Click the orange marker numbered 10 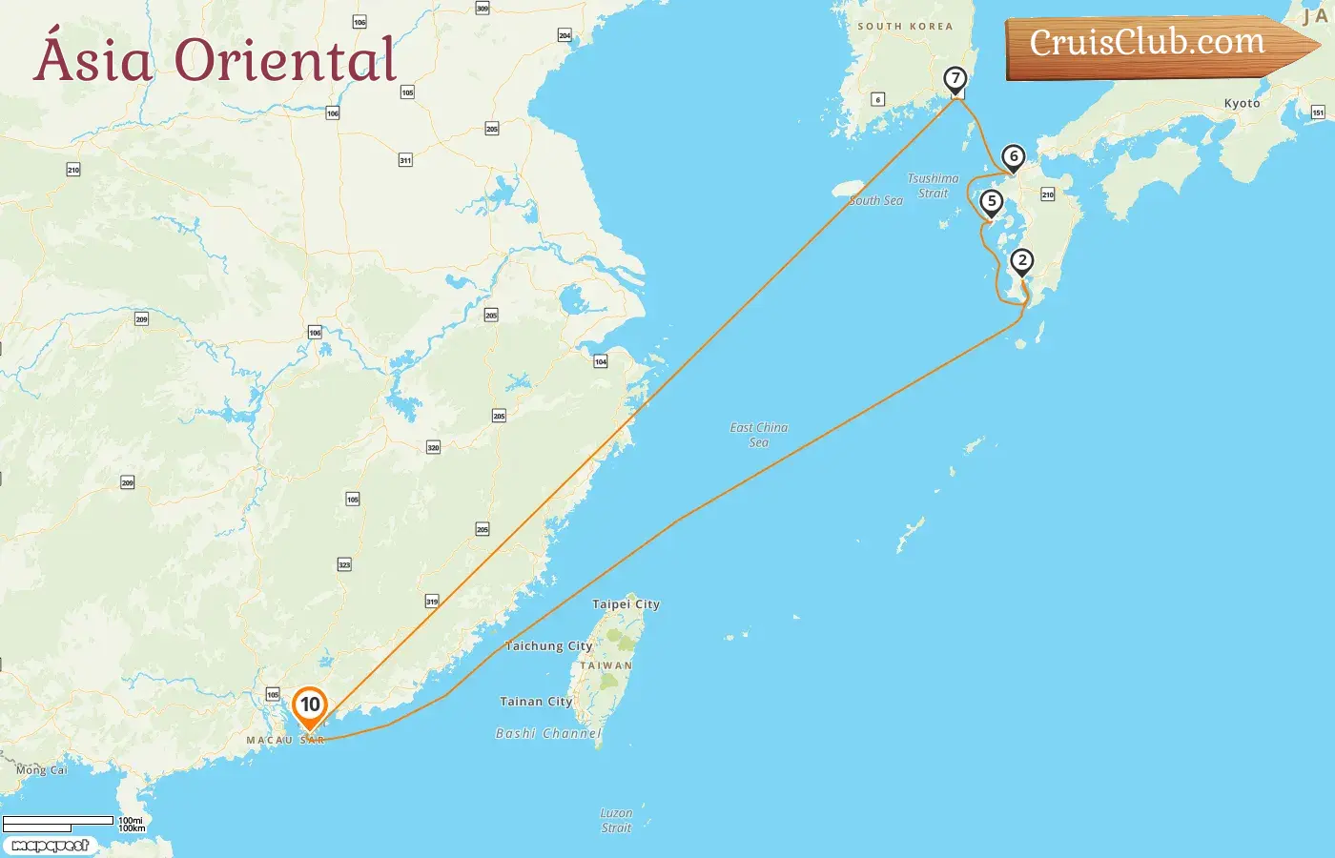click(310, 706)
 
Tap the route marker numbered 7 click(955, 80)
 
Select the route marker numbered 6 click(1014, 157)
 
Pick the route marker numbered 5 click(992, 202)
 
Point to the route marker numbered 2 click(1022, 261)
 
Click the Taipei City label click(626, 604)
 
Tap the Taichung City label click(548, 646)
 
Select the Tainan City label click(536, 702)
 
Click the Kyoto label click(1242, 104)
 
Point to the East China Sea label click(759, 435)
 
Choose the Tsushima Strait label click(933, 186)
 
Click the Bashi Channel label click(548, 734)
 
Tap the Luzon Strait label click(616, 821)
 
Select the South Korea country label click(905, 27)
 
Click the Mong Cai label click(41, 770)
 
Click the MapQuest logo click(51, 846)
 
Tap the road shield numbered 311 click(405, 160)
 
